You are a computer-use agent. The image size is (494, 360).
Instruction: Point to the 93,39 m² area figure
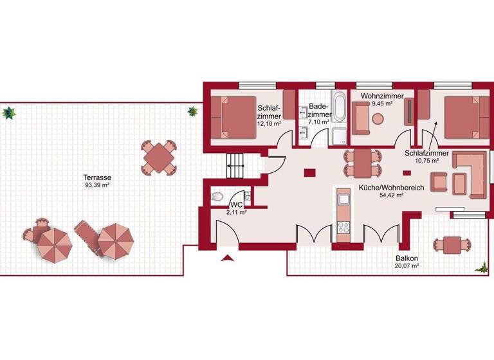tap(98, 185)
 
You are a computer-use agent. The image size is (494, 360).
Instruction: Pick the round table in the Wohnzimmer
tap(378, 118)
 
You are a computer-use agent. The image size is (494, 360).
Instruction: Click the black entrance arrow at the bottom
tap(227, 258)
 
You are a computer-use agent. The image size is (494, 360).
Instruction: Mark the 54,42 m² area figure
tap(391, 195)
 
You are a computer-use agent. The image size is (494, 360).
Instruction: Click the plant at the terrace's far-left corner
tap(9, 114)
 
